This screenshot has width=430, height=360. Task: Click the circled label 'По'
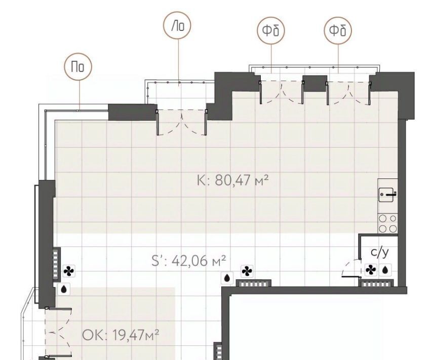(x=78, y=67)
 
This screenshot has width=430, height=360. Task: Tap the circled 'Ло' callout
(x=177, y=25)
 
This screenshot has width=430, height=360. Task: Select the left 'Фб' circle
(x=271, y=30)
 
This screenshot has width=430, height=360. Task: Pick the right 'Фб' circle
(x=338, y=30)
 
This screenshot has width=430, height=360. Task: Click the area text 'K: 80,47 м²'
(x=232, y=181)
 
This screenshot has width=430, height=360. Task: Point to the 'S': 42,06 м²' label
(x=189, y=261)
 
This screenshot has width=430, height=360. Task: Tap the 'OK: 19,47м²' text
(x=121, y=335)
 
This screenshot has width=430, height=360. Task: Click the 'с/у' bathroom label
(x=380, y=252)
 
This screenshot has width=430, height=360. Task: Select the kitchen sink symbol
(x=388, y=194)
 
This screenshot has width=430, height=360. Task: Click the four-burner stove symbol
(x=388, y=224)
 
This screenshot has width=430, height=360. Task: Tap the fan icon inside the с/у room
(x=371, y=270)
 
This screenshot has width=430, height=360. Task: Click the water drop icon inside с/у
(x=385, y=270)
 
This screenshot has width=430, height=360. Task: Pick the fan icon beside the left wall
(x=68, y=271)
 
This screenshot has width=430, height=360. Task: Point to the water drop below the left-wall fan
(x=64, y=289)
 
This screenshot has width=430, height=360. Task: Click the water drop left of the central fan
(x=227, y=278)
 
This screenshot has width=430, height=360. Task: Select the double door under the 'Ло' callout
(x=181, y=122)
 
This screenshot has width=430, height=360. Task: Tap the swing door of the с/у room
(x=351, y=268)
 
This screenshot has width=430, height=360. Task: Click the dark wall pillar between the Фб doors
(x=315, y=83)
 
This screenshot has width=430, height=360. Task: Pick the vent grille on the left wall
(x=57, y=264)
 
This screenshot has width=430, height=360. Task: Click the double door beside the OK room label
(x=58, y=332)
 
